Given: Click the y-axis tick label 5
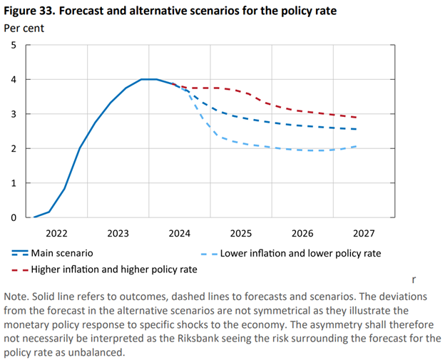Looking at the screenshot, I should point(13,45).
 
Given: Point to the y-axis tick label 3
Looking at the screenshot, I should point(13,114).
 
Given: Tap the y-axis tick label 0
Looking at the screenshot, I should point(13,217).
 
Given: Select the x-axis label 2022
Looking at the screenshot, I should point(56,233).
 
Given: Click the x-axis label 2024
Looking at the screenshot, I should point(180,233).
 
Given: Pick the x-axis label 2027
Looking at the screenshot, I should point(364,233).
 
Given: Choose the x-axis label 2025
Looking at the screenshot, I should point(241,233).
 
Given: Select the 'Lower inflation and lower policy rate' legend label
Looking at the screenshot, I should point(300,253).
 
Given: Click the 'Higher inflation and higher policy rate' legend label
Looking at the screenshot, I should point(116,269).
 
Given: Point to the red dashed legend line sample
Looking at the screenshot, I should point(20,269).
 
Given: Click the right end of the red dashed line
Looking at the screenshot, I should point(356,118).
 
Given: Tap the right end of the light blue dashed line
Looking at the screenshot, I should point(356,146).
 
